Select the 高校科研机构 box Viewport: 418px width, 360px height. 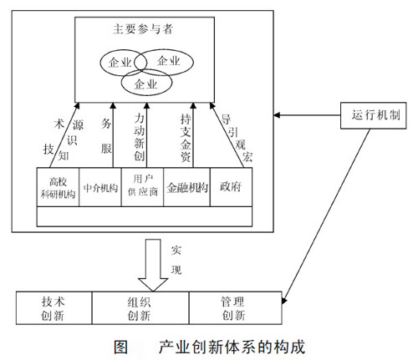tap(59, 186)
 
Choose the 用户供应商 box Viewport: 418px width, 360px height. tap(141, 185)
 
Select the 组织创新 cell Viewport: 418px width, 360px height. tap(142, 308)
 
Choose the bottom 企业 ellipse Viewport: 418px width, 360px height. tap(144, 84)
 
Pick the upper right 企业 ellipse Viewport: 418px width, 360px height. tap(166, 60)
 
